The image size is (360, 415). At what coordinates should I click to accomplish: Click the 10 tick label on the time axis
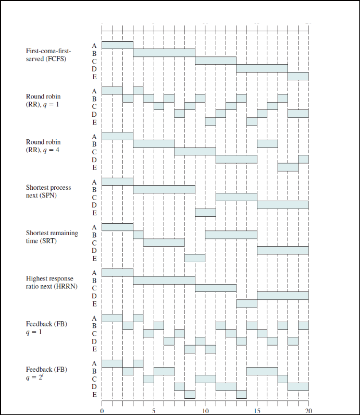click(x=205, y=411)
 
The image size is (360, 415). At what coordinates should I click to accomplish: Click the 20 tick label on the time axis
click(x=308, y=411)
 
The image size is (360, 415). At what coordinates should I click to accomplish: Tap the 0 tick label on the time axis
click(x=102, y=411)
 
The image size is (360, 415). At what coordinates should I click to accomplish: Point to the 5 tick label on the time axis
click(x=153, y=411)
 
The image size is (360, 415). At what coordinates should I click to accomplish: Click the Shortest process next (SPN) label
click(x=48, y=191)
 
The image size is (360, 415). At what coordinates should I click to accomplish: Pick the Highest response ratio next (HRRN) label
click(x=51, y=282)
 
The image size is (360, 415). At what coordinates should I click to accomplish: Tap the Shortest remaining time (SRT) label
click(x=52, y=236)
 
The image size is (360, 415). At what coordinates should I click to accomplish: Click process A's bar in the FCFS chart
click(x=117, y=45)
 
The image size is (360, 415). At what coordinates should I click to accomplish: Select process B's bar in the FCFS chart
click(x=164, y=53)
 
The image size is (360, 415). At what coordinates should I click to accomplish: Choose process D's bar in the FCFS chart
click(x=262, y=68)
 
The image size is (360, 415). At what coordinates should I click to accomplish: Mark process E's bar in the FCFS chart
click(x=298, y=76)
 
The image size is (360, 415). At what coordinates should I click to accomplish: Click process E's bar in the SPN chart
click(x=205, y=212)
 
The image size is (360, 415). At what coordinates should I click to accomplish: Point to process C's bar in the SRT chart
click(x=164, y=242)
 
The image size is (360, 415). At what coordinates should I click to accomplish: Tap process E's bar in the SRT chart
click(x=194, y=258)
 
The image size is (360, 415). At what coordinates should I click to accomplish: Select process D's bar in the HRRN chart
click(x=282, y=296)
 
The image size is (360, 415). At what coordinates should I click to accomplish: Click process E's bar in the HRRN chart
click(x=246, y=303)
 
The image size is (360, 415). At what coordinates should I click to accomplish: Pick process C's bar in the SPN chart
click(x=236, y=197)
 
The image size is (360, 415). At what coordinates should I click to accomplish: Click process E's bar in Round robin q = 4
click(x=288, y=167)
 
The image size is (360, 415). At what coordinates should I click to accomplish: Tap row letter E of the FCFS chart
click(x=94, y=77)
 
